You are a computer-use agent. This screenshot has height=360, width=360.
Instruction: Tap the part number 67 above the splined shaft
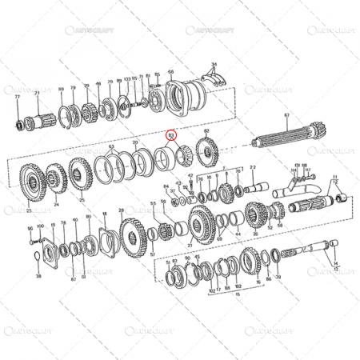286,116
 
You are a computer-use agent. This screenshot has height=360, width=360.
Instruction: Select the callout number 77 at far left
18,95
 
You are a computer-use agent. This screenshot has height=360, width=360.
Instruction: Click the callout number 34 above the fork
214,63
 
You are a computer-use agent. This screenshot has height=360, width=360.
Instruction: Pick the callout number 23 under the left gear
29,211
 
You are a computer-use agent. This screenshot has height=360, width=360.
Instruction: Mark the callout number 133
126,79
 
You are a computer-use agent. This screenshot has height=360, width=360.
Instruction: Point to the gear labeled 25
81,174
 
